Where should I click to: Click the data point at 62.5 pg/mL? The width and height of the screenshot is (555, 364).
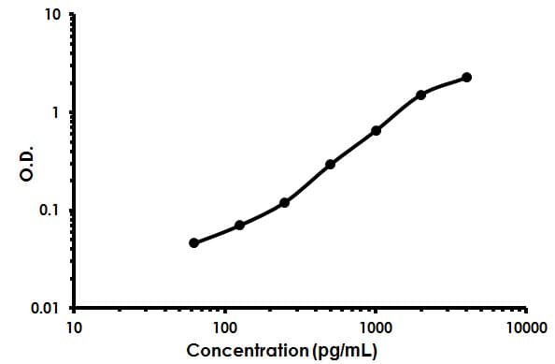click(193, 243)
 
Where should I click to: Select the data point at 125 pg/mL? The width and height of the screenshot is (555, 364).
click(239, 226)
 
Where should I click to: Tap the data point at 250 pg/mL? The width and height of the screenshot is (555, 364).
click(284, 202)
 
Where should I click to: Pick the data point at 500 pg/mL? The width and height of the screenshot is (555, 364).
click(330, 165)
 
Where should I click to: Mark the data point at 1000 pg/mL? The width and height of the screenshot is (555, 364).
click(376, 131)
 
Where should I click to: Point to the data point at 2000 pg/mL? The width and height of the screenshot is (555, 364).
click(420, 95)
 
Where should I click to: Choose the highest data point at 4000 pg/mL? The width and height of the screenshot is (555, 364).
click(466, 77)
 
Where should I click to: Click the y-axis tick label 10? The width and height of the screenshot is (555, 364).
click(54, 16)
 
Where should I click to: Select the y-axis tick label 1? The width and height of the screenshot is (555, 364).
click(58, 113)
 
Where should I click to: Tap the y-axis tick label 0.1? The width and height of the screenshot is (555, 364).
click(52, 211)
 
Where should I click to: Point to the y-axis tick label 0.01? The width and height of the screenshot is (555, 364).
click(49, 308)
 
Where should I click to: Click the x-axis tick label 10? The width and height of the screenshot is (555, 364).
click(74, 328)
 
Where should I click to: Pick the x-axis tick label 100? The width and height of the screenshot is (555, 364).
click(224, 328)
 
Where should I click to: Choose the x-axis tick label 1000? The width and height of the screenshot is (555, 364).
click(376, 328)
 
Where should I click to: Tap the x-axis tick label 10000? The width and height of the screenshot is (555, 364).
click(525, 328)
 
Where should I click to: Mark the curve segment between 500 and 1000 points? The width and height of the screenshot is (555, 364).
click(353, 148)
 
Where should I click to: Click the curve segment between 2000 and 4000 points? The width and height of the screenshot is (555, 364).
click(445, 83)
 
